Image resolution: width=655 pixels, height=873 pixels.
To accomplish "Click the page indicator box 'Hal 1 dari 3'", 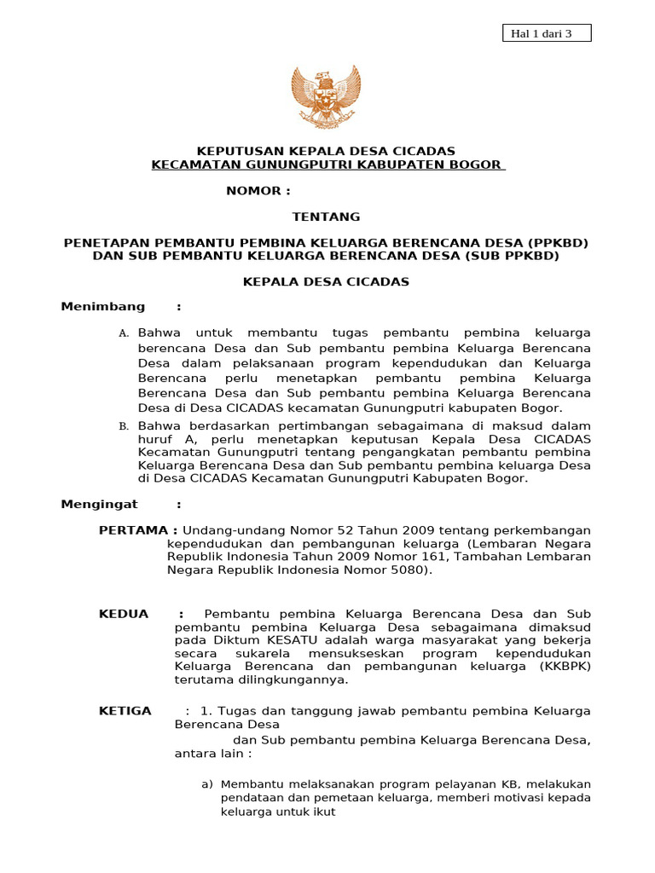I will pos(539,33).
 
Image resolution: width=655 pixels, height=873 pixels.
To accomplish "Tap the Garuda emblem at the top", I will pos(327,95).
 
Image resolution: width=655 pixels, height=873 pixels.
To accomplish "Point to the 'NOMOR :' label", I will pos(252,190).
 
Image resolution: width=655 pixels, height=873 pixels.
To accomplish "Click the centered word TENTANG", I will pos(327,217).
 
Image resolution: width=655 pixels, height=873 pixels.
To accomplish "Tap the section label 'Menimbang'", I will pos(103,307).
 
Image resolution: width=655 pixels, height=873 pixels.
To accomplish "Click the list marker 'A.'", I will pos(124,333).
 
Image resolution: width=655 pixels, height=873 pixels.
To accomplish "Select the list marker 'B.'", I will pos(124,426).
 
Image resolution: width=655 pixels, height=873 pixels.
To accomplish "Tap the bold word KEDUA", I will pos(124,614).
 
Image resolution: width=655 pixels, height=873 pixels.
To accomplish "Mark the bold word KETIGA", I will pos(125,711).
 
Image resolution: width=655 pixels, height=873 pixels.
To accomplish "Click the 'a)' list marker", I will pos(206,784).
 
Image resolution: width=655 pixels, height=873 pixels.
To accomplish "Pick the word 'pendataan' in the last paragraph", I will pos(249,798).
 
